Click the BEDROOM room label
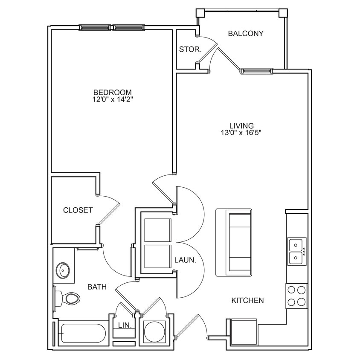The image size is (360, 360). coord(112,92)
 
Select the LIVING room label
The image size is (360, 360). coord(241,126)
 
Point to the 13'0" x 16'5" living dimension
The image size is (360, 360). coord(241,133)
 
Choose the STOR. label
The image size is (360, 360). coord(190,49)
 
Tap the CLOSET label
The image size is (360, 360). coord(78,210)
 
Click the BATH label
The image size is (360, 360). coord(97,287)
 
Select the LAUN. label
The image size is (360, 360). coord(185,259)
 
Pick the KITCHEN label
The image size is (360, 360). coord(247,301)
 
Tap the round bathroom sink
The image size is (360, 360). coord(64,270)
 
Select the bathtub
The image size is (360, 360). coord(84,332)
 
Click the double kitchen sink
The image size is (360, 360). coord(296,252)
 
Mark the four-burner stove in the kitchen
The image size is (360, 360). coord(296,296)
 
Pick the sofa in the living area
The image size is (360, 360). coord(234,242)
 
